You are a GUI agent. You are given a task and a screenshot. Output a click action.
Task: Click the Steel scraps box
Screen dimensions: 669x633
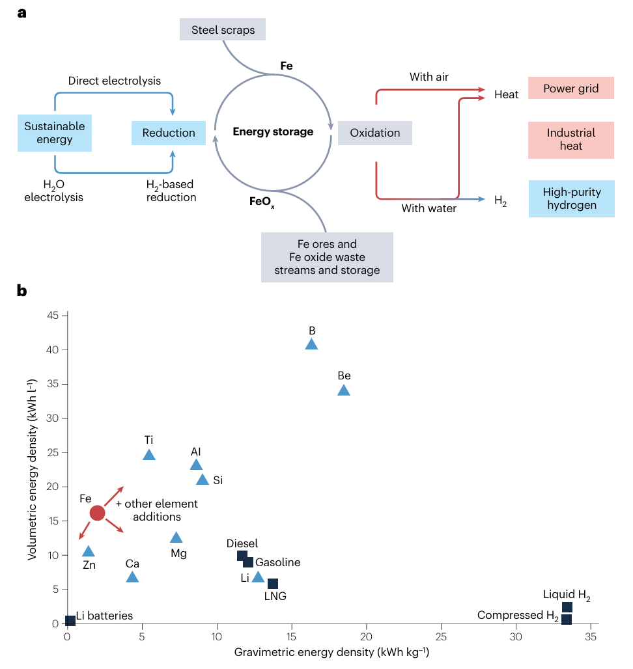[x=223, y=30]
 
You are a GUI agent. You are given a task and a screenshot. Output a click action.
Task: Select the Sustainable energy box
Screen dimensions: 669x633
[x=55, y=132]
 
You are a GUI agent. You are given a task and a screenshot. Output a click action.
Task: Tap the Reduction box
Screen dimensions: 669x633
[x=169, y=133]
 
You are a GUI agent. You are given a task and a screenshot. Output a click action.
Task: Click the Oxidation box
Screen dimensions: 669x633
[x=374, y=133]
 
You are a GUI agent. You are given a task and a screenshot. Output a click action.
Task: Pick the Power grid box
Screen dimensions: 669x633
[x=570, y=89]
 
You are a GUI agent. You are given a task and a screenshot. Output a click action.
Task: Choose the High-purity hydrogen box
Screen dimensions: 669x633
[x=571, y=198]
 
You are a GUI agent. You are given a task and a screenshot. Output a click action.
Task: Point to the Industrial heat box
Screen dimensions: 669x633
[x=570, y=139]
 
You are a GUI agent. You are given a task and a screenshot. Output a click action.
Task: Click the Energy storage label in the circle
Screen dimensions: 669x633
[x=273, y=132]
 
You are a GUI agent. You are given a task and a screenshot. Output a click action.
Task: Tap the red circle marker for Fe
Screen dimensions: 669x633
[x=97, y=513]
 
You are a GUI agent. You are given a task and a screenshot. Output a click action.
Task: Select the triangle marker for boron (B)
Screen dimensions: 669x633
[x=312, y=345]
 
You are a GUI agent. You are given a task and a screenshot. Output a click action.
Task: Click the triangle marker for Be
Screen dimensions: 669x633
[x=344, y=390]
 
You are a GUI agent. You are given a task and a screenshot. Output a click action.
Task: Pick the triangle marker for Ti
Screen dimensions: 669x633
[x=149, y=455]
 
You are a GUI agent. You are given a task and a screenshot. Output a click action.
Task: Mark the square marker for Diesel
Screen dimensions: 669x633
[x=242, y=555]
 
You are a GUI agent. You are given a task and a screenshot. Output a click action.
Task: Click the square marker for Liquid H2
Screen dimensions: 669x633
[x=567, y=607]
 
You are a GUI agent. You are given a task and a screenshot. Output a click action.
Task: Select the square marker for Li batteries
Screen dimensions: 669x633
[x=70, y=620]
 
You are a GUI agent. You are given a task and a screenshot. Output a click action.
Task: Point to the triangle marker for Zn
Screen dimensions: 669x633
[x=89, y=552]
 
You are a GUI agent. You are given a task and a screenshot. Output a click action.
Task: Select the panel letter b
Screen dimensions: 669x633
[x=22, y=290]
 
